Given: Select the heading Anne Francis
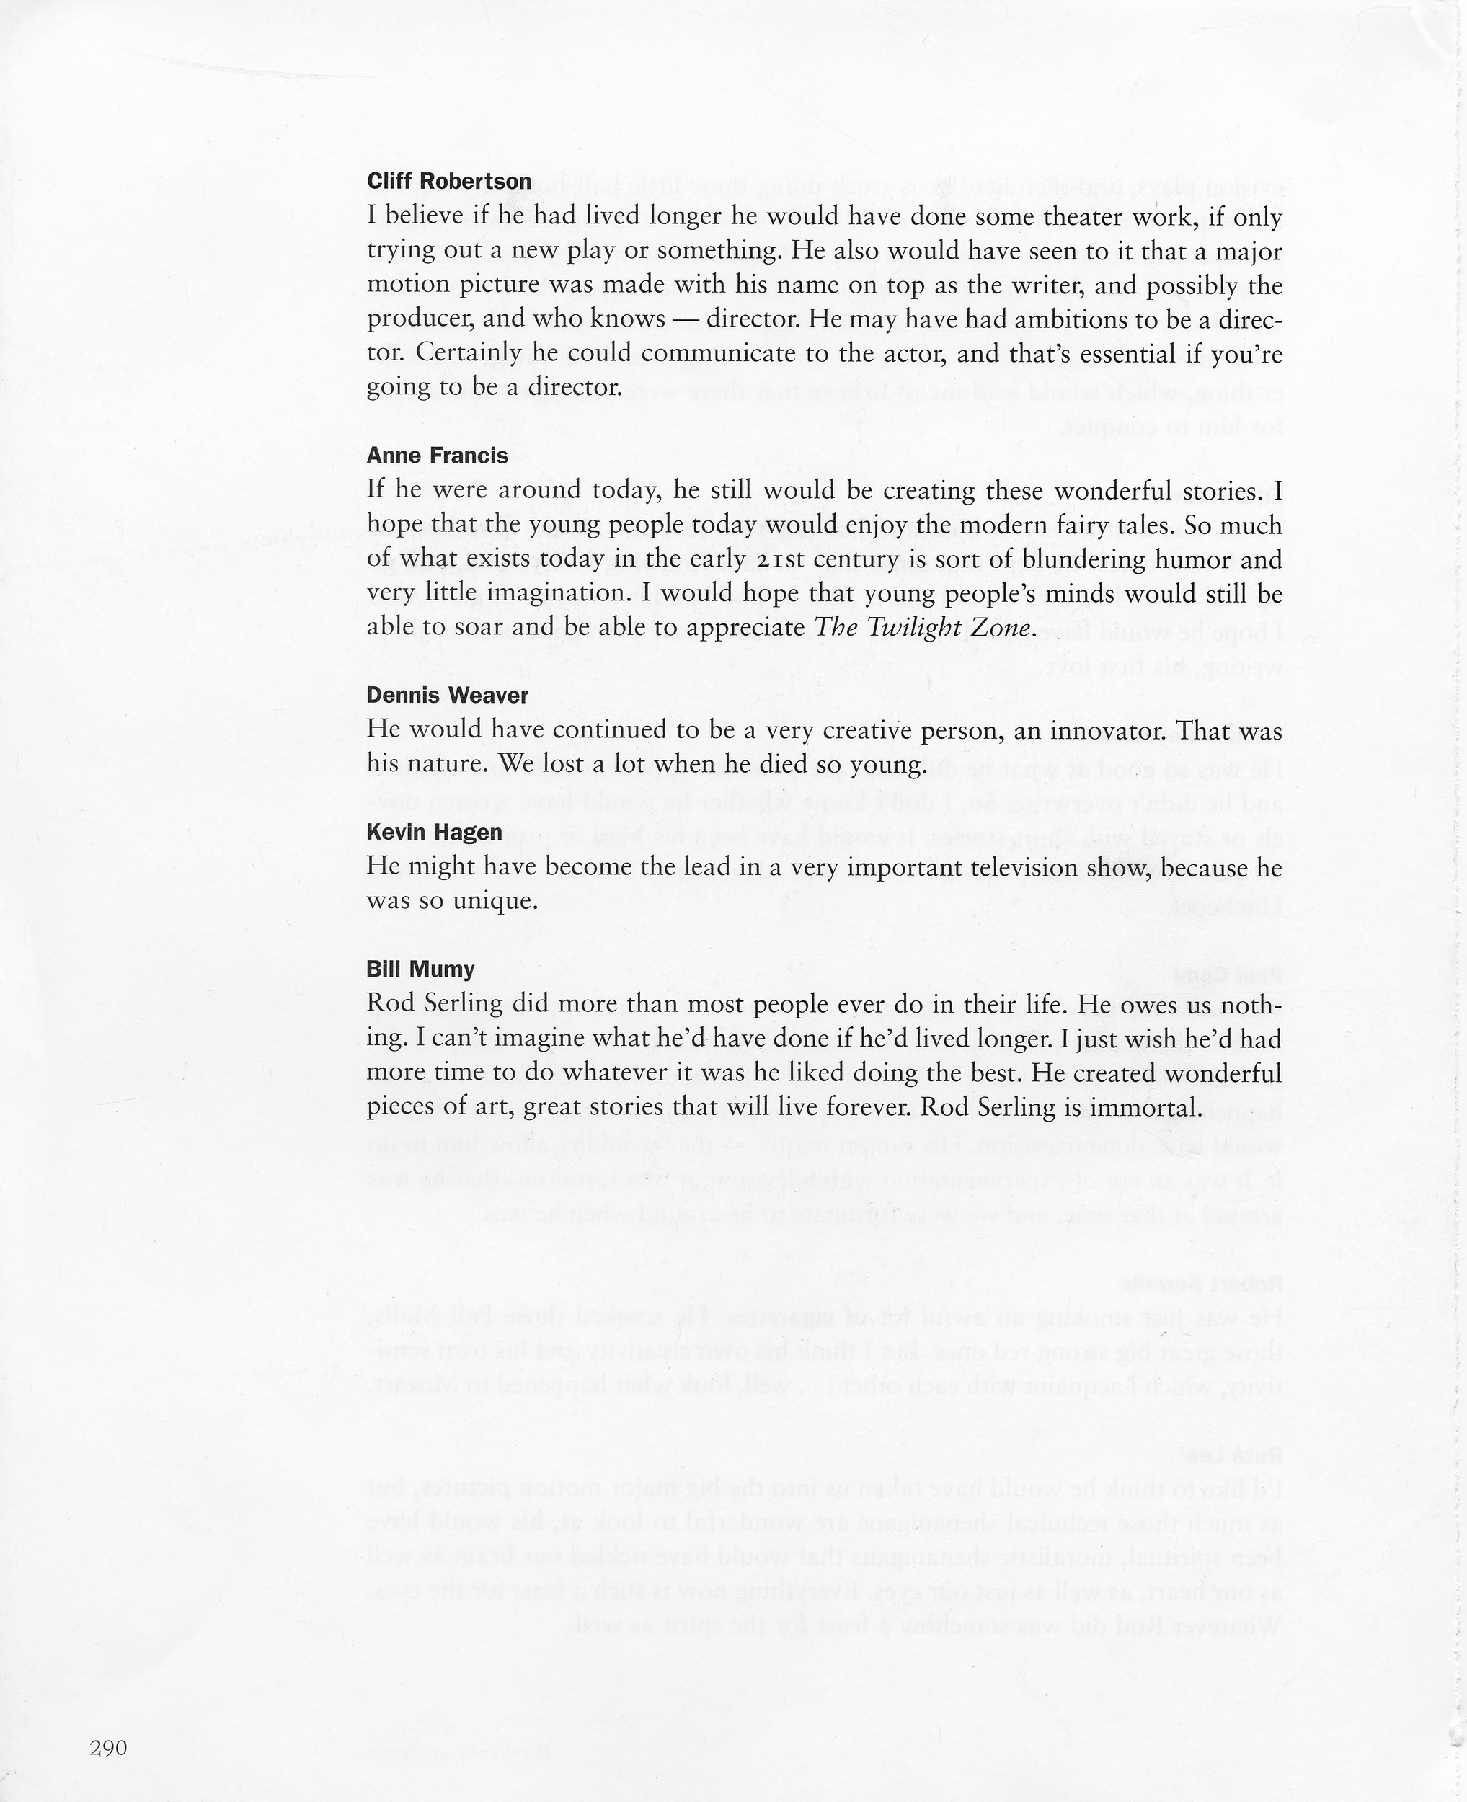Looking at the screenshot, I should point(437,456).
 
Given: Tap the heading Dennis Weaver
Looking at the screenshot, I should point(447,696).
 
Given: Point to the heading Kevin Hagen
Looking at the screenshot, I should point(435,832).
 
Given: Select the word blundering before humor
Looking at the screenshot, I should point(1084,560).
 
